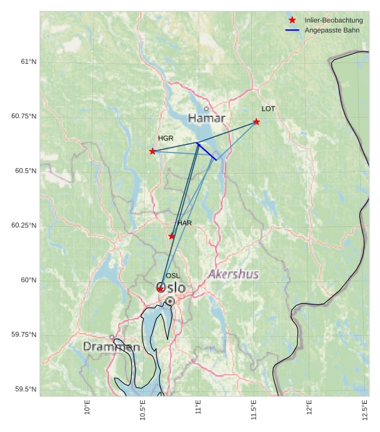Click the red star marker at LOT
[x=256, y=122]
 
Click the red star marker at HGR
[x=152, y=151]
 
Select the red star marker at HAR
[x=172, y=236]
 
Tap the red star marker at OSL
[x=160, y=289]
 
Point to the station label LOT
[x=268, y=109]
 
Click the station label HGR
[x=166, y=138]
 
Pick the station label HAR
[x=184, y=223]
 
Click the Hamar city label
[x=206, y=118]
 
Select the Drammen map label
[x=111, y=346]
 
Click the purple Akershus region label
[x=233, y=274]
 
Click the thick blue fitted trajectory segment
[x=207, y=152]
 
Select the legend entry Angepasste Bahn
[x=332, y=30]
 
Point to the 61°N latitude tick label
[x=28, y=61]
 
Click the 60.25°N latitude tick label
[x=24, y=225]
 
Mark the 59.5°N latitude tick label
[x=26, y=389]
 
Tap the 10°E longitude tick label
[x=87, y=408]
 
